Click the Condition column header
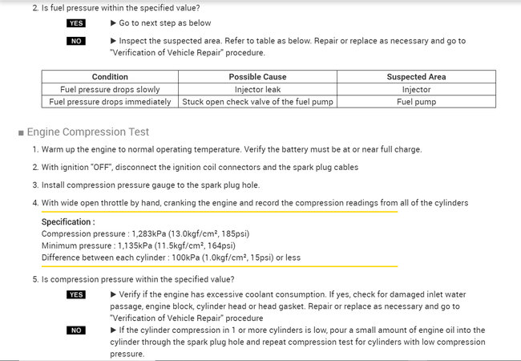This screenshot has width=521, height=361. coord(110,77)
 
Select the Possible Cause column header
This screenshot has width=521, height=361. coord(257,77)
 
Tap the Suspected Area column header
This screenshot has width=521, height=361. coord(416,77)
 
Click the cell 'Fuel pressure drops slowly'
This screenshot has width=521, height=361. coord(110,89)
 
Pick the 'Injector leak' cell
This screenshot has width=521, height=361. coord(257,89)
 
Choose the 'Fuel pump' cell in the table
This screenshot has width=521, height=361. coord(416,102)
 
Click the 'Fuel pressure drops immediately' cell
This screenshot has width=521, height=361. coord(110,102)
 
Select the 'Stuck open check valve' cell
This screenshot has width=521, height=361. coord(257,102)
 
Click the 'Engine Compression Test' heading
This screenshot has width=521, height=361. coord(88,132)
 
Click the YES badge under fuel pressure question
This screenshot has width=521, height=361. coord(76,24)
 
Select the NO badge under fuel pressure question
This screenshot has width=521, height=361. coord(76,41)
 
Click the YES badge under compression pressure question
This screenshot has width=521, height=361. coord(76,295)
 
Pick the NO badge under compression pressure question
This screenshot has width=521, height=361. coord(76,331)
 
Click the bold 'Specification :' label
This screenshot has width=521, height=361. coord(68,222)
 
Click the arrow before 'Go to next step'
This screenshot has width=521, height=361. coord(113,24)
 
